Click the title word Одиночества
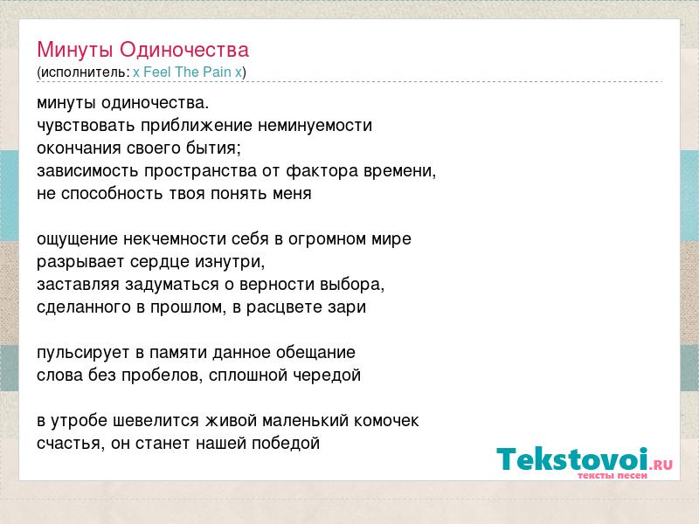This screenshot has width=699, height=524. pos(184,50)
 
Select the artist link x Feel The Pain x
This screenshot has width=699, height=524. pos(187,72)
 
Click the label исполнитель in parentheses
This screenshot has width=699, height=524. pos(83,72)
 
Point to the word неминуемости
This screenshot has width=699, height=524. pos(315,125)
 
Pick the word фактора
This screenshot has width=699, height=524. pos(322,170)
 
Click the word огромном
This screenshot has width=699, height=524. pos(321,239)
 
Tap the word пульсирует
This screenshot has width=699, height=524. pos(83,353)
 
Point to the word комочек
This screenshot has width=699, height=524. pos(386,421)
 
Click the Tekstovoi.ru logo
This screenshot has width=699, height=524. pos(585,463)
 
